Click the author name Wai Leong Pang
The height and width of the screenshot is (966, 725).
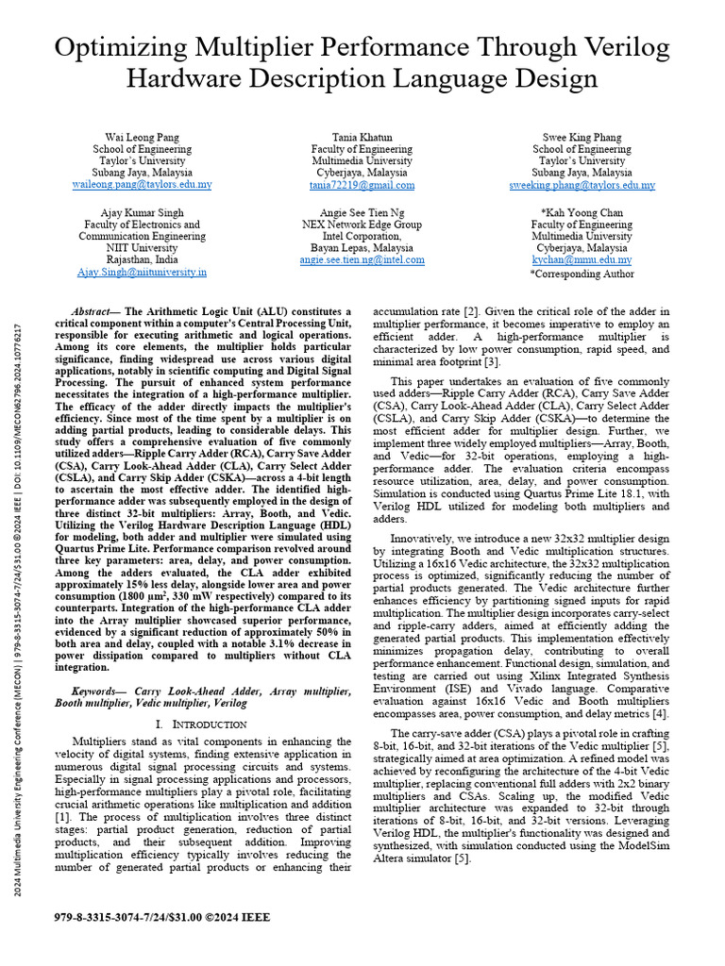coord(142,137)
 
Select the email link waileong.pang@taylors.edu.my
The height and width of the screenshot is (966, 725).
coord(142,185)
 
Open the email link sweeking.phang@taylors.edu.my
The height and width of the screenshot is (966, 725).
coord(582,186)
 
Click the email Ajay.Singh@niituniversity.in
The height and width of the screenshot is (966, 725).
coord(142,272)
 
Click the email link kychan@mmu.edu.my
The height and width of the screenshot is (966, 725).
coord(582,259)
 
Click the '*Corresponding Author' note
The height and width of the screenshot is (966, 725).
coord(582,274)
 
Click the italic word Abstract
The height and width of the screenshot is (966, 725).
coord(93,311)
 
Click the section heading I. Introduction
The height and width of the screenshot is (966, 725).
coord(201,724)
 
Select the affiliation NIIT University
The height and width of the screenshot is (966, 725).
coord(142,248)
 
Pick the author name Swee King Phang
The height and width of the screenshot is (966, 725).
coord(582,137)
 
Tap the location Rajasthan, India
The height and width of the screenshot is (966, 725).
coord(142,259)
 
